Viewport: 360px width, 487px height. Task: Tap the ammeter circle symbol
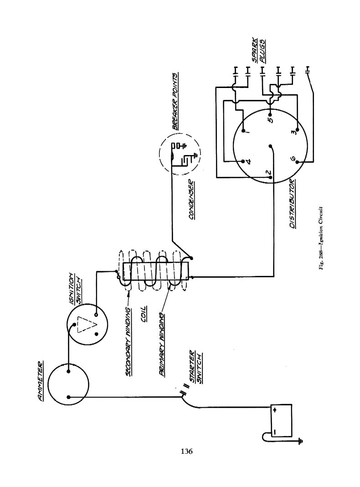tap(68, 384)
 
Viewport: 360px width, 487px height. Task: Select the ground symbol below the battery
tap(300, 440)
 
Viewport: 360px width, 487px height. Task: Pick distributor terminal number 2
tap(269, 173)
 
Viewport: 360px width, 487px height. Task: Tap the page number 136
tap(186, 451)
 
